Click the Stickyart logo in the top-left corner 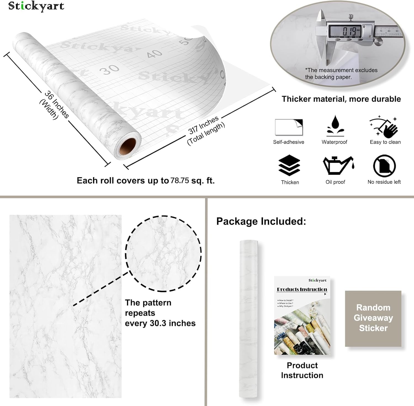(x=36, y=6)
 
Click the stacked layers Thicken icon (x=289, y=165)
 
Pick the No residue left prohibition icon (x=384, y=166)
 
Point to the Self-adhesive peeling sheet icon (x=289, y=127)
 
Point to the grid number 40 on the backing (x=154, y=53)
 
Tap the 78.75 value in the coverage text (x=180, y=181)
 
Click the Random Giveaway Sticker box (x=373, y=318)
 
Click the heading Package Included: (x=261, y=221)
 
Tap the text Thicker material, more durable (x=341, y=99)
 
